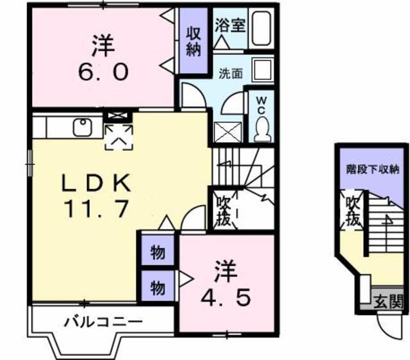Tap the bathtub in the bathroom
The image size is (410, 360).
click(x=261, y=29)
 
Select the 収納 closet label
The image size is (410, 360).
click(x=193, y=42)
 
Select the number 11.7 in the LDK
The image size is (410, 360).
click(x=96, y=208)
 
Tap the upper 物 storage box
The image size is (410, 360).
click(x=158, y=252)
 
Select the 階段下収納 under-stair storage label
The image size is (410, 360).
click(x=368, y=170)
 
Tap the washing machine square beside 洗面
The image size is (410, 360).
click(x=261, y=69)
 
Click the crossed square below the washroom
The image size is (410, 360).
click(x=228, y=133)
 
